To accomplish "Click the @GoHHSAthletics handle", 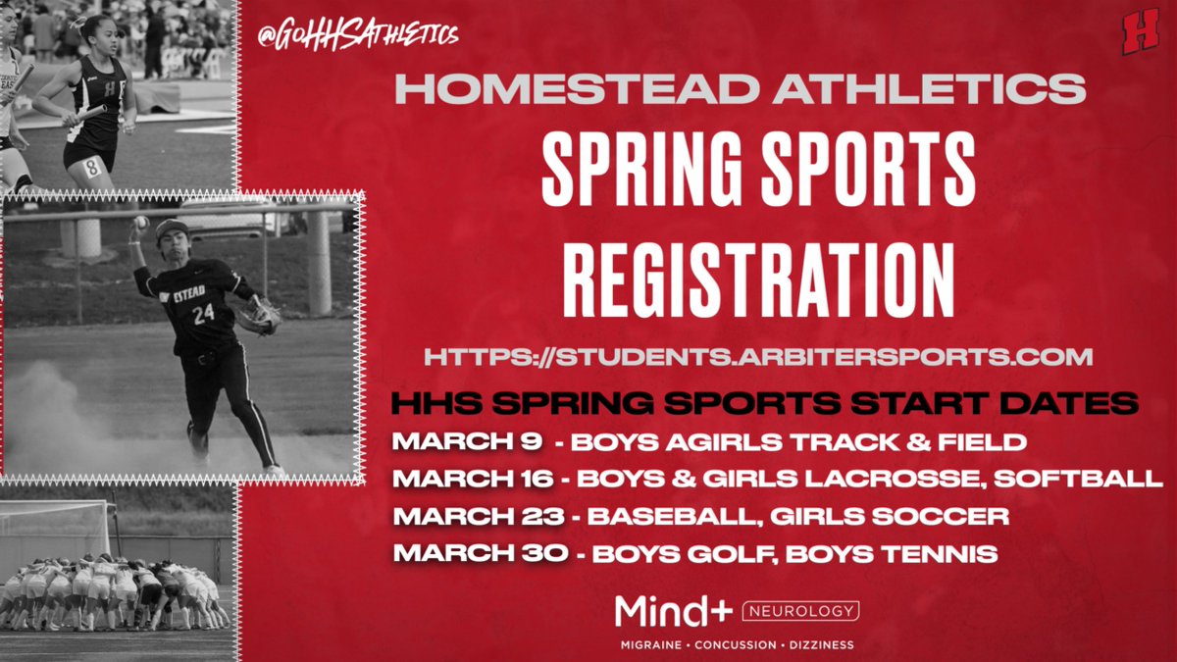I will (x=357, y=35).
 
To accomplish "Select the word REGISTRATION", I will (x=758, y=273).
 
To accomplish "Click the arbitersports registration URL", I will (x=758, y=356).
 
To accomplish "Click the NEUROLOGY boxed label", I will (x=801, y=611).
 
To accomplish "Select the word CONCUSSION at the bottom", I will (x=736, y=644).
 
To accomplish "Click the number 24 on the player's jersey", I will (x=203, y=315).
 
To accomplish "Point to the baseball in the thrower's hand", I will (x=141, y=223).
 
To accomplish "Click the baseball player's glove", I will (x=261, y=315).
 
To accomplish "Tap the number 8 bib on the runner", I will (x=91, y=167).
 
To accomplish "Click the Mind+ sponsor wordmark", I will (x=673, y=611).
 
